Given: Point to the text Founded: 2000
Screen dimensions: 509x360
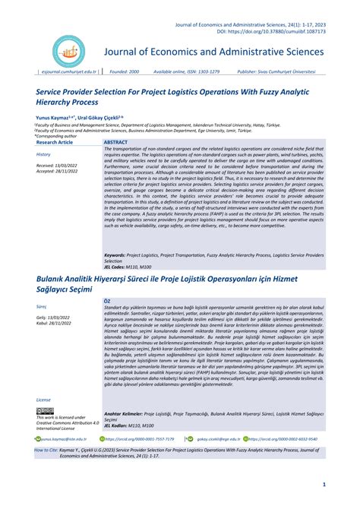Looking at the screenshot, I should point(122,71).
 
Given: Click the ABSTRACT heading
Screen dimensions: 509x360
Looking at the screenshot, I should point(116,142).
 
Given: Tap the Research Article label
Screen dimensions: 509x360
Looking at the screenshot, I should point(55,142).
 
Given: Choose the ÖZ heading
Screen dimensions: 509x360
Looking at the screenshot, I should point(107,301).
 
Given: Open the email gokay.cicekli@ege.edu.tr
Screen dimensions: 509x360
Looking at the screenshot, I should point(219,438).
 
